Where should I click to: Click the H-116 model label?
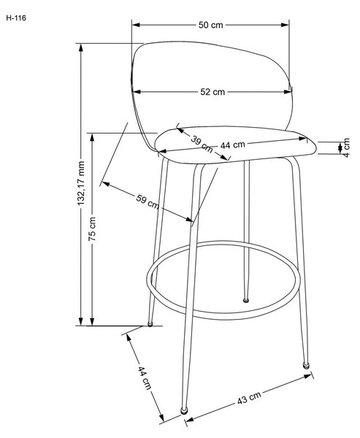coord(16,18)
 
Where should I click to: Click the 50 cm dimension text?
coord(211,25)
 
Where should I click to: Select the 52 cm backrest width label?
coord(212,92)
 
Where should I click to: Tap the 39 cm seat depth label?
coord(202,144)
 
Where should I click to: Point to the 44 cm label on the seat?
coord(232,145)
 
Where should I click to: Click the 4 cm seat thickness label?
coord(346,147)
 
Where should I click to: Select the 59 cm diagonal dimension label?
coord(148,202)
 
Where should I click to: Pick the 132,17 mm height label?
coord(81,183)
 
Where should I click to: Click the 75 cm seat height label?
coord(92,229)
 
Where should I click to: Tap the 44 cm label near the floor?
coord(145,377)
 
